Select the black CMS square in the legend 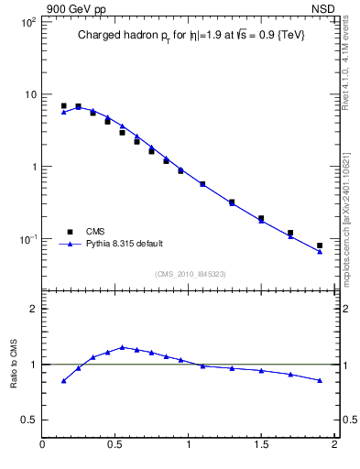[68, 232]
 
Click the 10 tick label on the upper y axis [28, 94]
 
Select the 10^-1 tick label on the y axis [26, 239]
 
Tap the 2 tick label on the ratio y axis [33, 309]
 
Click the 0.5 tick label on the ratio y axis [28, 420]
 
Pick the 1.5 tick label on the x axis [261, 446]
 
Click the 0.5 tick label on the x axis [115, 446]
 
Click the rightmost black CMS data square [320, 245]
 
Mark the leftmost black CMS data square [63, 106]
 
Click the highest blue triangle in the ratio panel [122, 347]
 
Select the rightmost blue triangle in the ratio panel [320, 380]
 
